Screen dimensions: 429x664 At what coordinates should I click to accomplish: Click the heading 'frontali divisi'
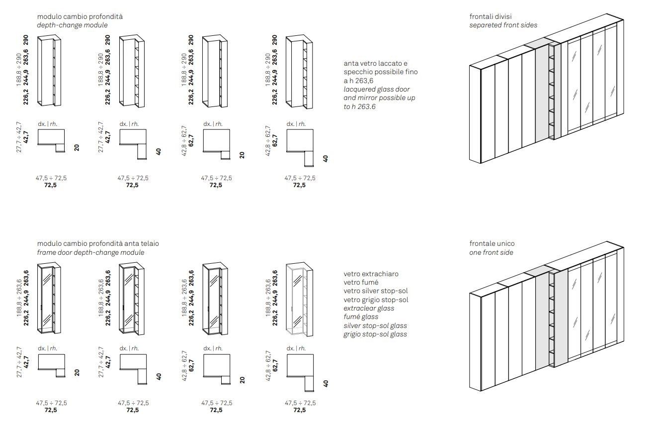click(x=490, y=16)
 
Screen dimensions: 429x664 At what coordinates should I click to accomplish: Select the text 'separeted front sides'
click(x=503, y=25)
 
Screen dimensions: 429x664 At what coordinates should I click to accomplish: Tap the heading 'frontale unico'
click(x=492, y=243)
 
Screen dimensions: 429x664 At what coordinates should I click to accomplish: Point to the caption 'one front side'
click(x=491, y=252)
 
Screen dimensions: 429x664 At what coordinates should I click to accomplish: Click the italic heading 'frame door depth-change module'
click(x=90, y=252)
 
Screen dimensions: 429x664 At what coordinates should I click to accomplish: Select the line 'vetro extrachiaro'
click(x=371, y=274)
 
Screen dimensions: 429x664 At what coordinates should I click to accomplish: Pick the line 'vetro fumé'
click(x=361, y=282)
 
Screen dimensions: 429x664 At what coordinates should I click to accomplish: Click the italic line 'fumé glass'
click(x=361, y=317)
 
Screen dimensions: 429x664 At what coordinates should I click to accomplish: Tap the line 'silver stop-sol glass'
click(x=375, y=325)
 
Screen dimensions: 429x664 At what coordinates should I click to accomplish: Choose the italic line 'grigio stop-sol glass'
click(x=375, y=334)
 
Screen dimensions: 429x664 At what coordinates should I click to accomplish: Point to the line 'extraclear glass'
click(x=368, y=308)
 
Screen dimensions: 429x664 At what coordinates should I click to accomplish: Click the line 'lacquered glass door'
click(x=377, y=89)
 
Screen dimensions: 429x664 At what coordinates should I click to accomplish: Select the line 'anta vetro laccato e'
click(x=375, y=64)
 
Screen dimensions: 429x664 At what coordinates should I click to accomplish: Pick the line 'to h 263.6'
click(x=360, y=107)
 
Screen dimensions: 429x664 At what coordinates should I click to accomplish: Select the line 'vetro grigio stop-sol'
click(x=375, y=300)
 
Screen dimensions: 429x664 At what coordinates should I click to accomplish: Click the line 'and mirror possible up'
click(x=379, y=98)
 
